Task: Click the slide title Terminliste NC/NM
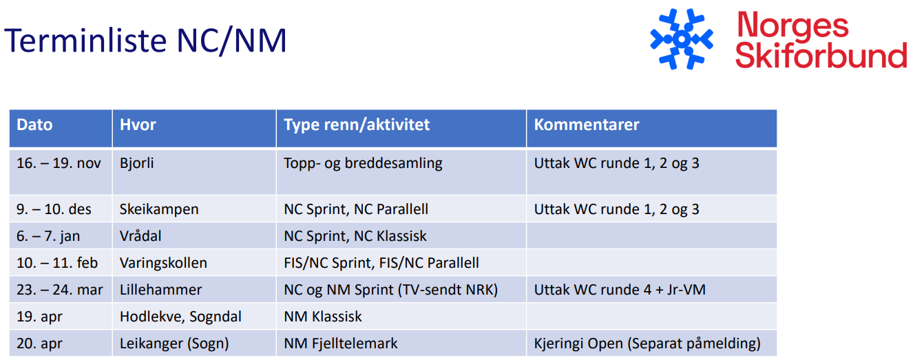(x=145, y=41)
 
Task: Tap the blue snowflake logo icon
(x=682, y=39)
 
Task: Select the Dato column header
(x=35, y=125)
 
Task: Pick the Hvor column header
(x=138, y=125)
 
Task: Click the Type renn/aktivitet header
(x=357, y=125)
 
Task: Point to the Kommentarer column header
(x=587, y=125)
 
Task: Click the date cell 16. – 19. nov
(x=59, y=164)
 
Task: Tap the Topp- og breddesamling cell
(x=363, y=164)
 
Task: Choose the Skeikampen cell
(x=159, y=209)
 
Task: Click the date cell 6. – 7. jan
(x=49, y=236)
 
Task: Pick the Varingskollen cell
(x=163, y=263)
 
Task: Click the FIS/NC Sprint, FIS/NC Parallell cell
(x=381, y=263)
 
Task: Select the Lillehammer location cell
(x=160, y=290)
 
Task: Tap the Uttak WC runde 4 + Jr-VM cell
(x=620, y=290)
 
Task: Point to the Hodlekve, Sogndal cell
(x=180, y=317)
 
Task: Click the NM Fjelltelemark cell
(x=341, y=343)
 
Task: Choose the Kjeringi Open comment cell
(x=647, y=343)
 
